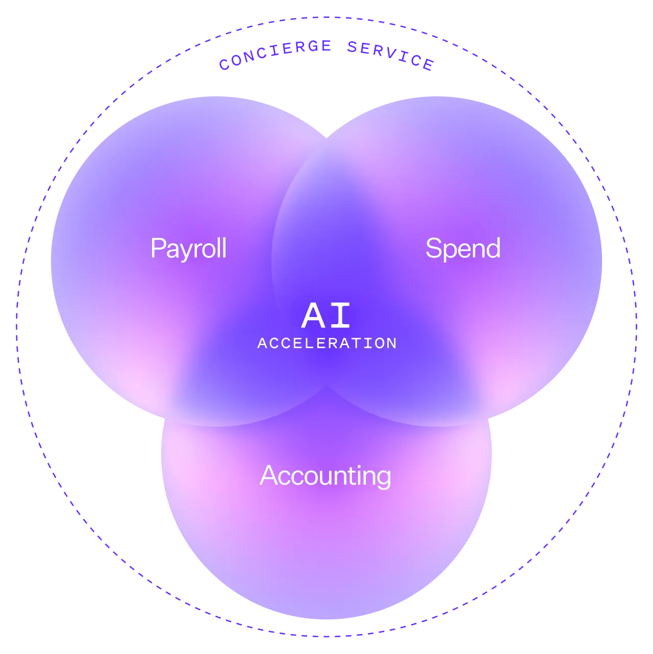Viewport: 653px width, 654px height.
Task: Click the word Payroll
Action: coord(188,249)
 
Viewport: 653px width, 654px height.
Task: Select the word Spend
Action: coord(463,249)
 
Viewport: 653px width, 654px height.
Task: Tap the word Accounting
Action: coord(325,476)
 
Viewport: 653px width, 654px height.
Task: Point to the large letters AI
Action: coord(326,316)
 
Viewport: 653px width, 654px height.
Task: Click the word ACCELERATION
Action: coord(327,344)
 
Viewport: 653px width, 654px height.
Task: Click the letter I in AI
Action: coord(341,316)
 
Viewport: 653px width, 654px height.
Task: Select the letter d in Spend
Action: coord(493,248)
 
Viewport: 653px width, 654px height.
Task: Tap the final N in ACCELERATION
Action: coord(392,344)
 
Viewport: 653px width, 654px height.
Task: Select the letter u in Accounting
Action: coord(319,478)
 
